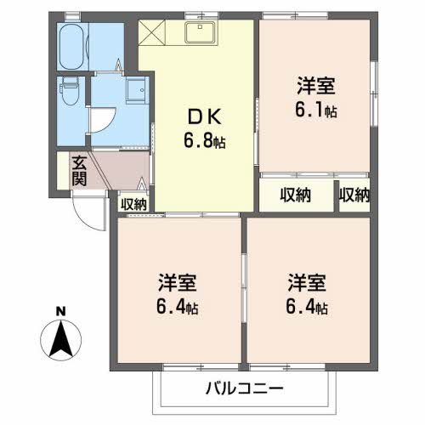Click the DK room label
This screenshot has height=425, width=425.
pyautogui.click(x=205, y=116)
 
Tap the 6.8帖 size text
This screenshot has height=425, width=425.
pyautogui.click(x=205, y=141)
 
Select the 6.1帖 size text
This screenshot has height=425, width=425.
pyautogui.click(x=316, y=110)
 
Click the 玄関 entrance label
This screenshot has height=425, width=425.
pyautogui.click(x=79, y=171)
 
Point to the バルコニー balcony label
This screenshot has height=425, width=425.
pyautogui.click(x=244, y=388)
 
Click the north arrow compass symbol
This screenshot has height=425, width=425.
pyautogui.click(x=60, y=340)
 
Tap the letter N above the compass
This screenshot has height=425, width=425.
pyautogui.click(x=60, y=312)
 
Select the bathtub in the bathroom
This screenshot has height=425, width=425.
pyautogui.click(x=73, y=47)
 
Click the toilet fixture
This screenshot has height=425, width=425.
pyautogui.click(x=70, y=91)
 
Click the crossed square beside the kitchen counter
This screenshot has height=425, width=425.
pyautogui.click(x=152, y=32)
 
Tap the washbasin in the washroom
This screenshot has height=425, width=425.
pyautogui.click(x=136, y=89)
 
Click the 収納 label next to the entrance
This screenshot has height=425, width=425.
pyautogui.click(x=133, y=204)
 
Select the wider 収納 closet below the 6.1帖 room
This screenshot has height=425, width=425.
pyautogui.click(x=297, y=195)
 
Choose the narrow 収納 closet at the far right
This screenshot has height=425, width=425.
pyautogui.click(x=354, y=195)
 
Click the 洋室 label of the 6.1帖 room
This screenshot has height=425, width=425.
pyautogui.click(x=316, y=85)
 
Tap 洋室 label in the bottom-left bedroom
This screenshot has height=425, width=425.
pyautogui.click(x=178, y=283)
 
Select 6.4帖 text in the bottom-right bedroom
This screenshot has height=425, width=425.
pyautogui.click(x=307, y=307)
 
